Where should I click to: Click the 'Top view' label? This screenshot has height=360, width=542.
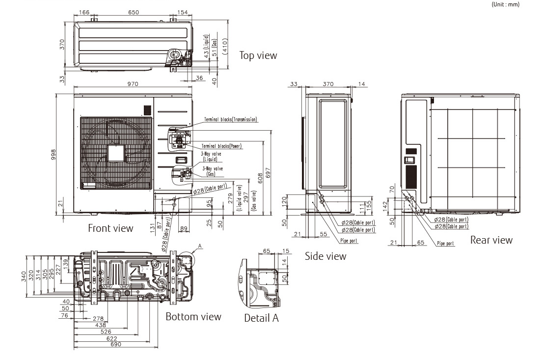pos(258,55)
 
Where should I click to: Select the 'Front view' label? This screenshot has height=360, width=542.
pos(110,228)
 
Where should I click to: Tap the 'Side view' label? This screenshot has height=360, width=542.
pos(325,256)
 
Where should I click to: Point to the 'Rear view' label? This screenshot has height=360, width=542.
pos(491,240)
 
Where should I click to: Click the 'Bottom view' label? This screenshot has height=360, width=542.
pos(193,316)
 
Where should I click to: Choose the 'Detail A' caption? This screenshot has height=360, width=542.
pos(261,318)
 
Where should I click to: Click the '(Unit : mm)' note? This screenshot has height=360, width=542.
pos(505,4)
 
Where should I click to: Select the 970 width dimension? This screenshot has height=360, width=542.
pos(133,84)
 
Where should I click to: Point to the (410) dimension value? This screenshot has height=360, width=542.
pos(224,45)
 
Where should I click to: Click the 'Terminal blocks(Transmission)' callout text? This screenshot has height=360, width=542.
pos(231,119)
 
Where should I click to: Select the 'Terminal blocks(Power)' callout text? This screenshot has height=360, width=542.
pos(221,146)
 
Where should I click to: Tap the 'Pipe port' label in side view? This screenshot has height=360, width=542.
pos(349,241)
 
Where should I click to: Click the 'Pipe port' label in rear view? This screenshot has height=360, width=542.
pos(445,243)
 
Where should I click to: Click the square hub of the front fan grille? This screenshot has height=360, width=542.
pos(116,153)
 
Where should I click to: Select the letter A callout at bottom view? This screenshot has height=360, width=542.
pos(200,245)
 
